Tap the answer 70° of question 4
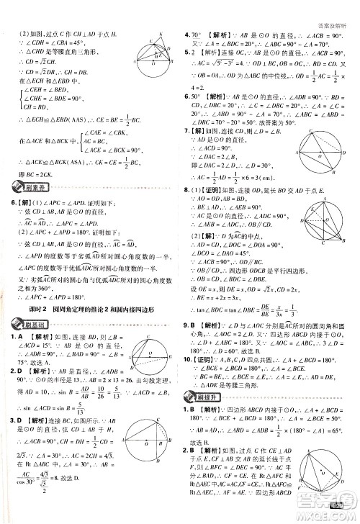pyautogui.click(x=200, y=35)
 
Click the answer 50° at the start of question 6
pyautogui.click(x=199, y=96)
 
